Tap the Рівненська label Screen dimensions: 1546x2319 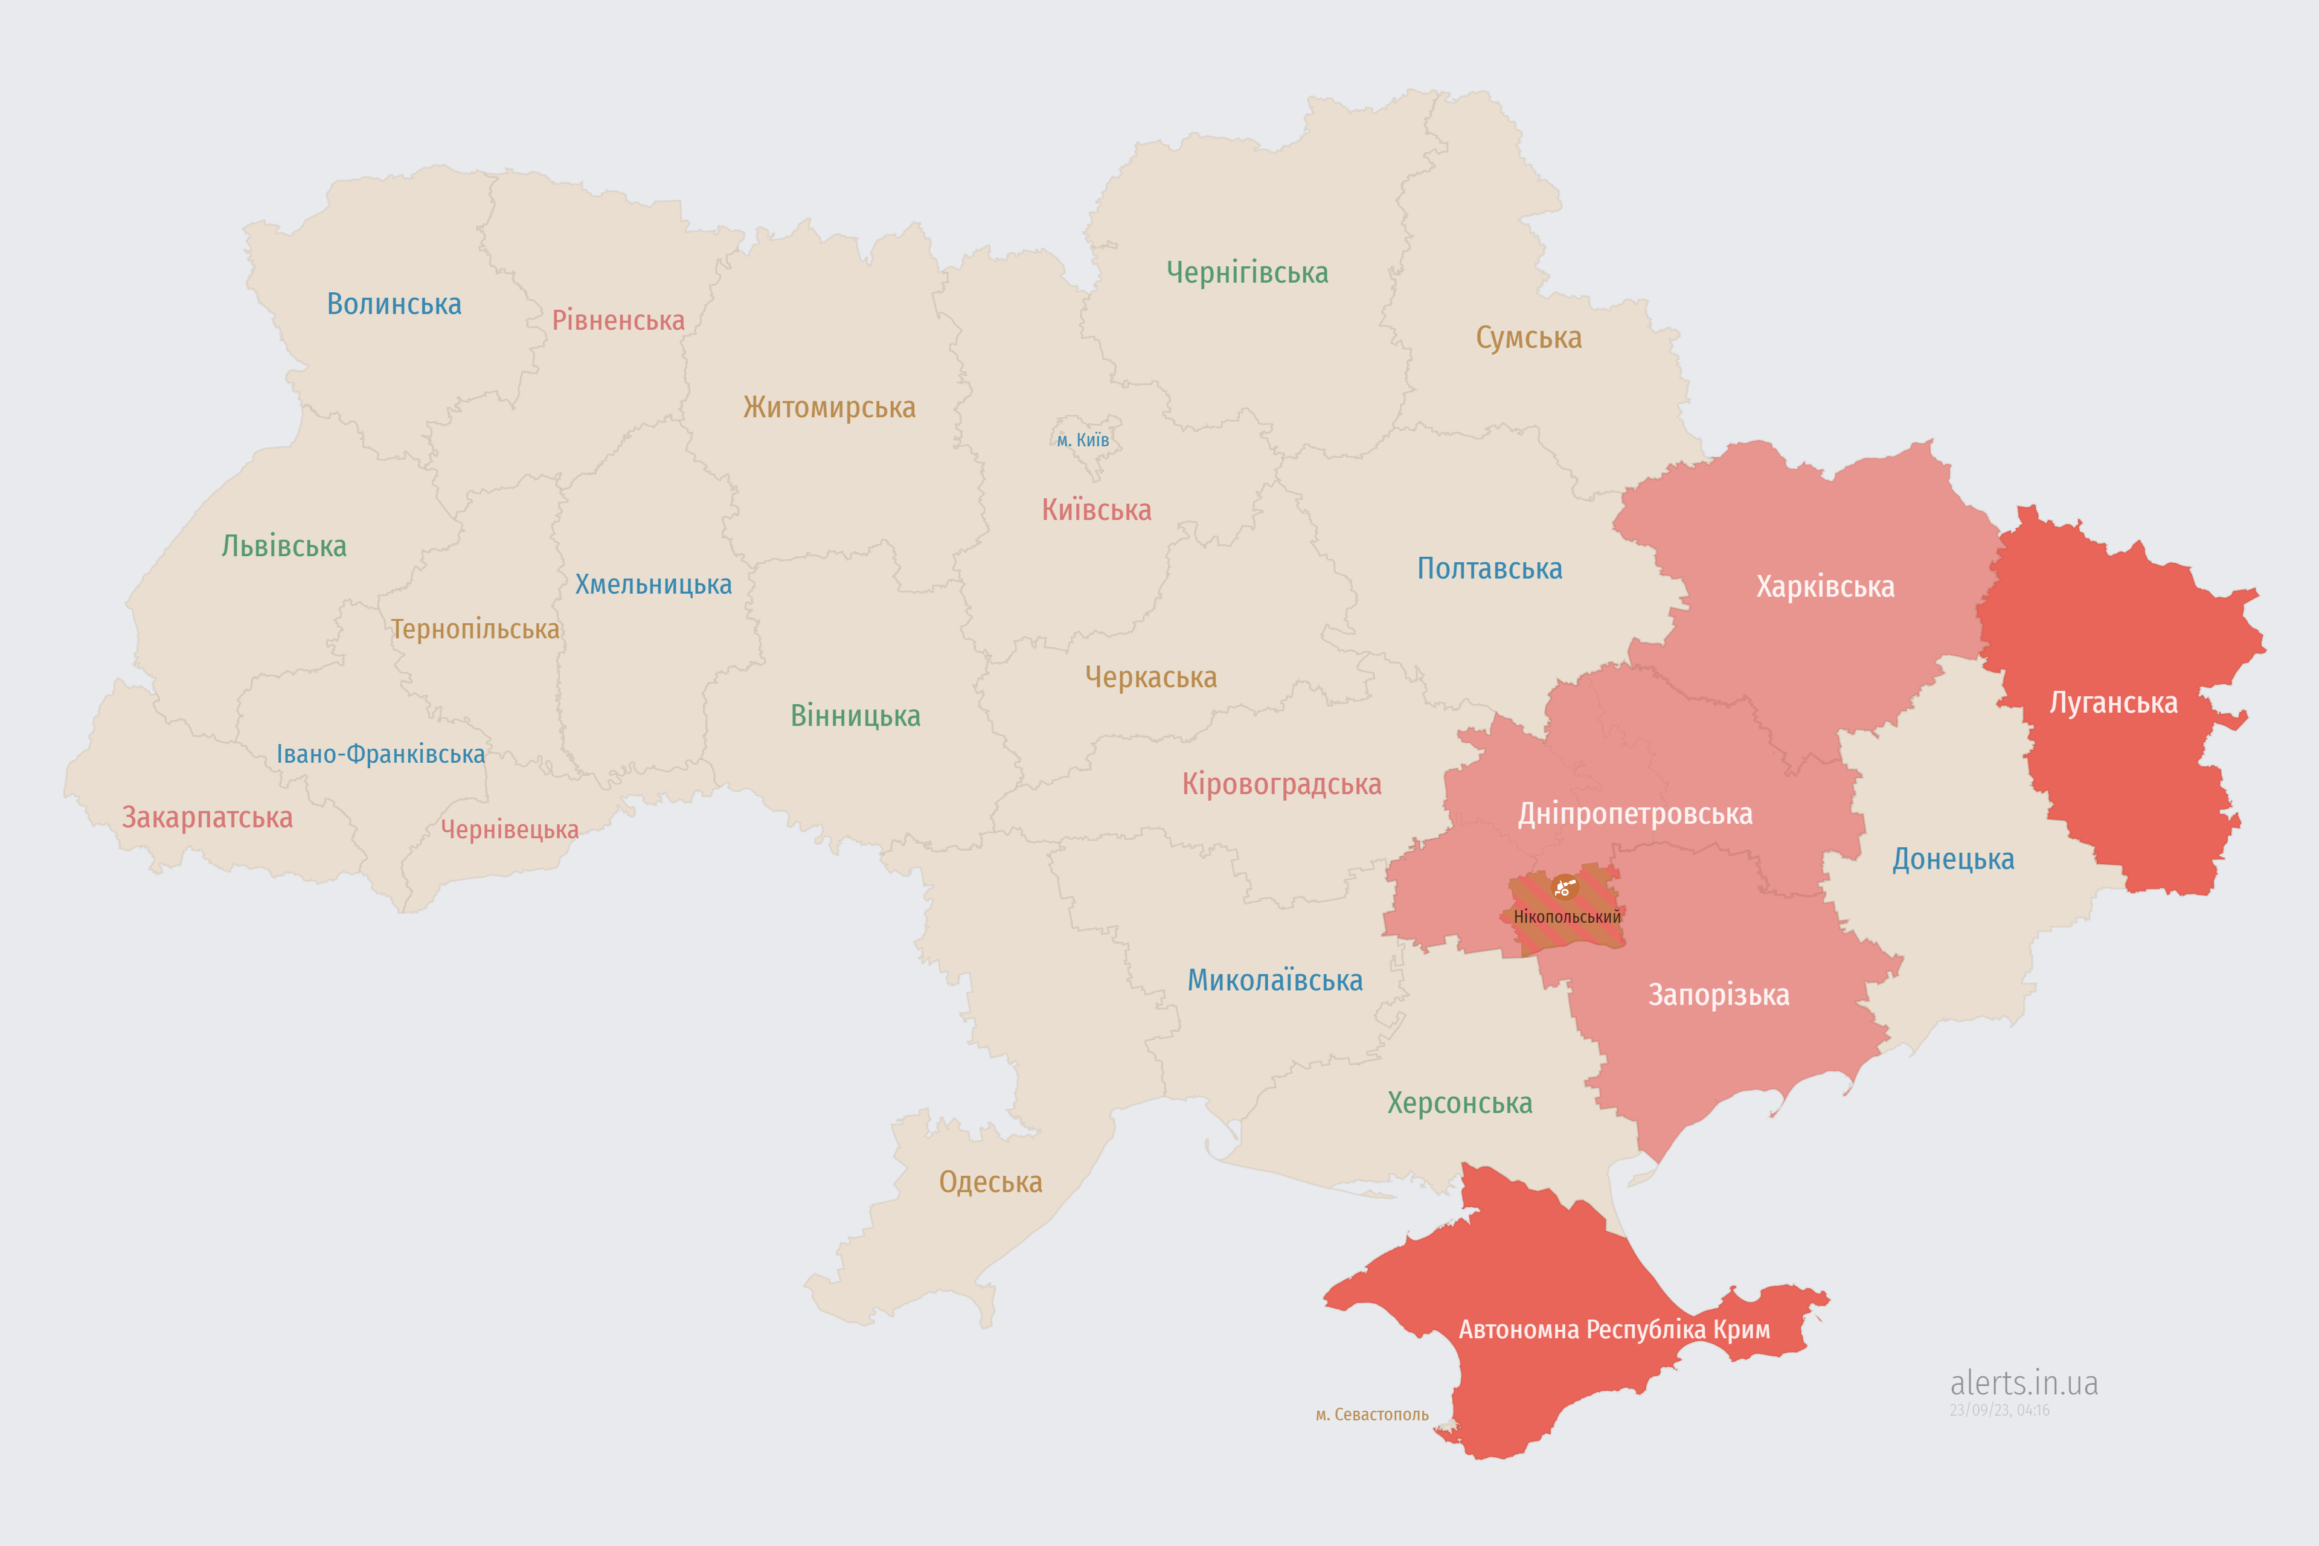pos(618,321)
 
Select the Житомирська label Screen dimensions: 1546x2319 pos(829,407)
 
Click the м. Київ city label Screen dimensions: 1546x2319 pos(1083,440)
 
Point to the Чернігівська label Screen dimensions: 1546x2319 pos(1247,272)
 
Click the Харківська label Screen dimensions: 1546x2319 pos(1825,586)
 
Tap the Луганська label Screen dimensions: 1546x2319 pos(2113,703)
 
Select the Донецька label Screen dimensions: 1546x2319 pos(1952,859)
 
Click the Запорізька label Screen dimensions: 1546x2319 pos(1719,995)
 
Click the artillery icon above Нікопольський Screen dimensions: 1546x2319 pos(1565,887)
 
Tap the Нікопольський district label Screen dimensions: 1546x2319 pos(1567,917)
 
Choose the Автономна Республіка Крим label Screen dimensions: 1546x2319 pos(1614,1330)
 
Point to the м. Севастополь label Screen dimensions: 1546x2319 pos(1371,1415)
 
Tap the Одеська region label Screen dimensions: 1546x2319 pos(990,1182)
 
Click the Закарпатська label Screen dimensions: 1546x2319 pos(207,817)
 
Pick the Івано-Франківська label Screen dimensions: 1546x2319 pos(380,754)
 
